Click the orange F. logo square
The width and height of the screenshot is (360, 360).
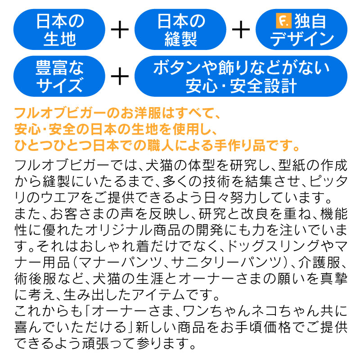click(284, 21)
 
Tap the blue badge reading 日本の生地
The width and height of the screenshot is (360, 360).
click(59, 29)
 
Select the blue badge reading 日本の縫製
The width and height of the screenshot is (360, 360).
click(180, 29)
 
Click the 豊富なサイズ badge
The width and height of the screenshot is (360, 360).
click(59, 76)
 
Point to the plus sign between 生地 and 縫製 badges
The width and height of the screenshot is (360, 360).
click(120, 29)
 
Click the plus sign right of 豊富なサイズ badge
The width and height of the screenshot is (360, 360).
click(120, 76)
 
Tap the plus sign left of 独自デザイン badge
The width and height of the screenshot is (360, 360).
click(241, 29)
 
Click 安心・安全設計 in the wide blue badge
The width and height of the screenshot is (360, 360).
click(241, 86)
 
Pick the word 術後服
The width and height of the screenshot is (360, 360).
click(35, 278)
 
